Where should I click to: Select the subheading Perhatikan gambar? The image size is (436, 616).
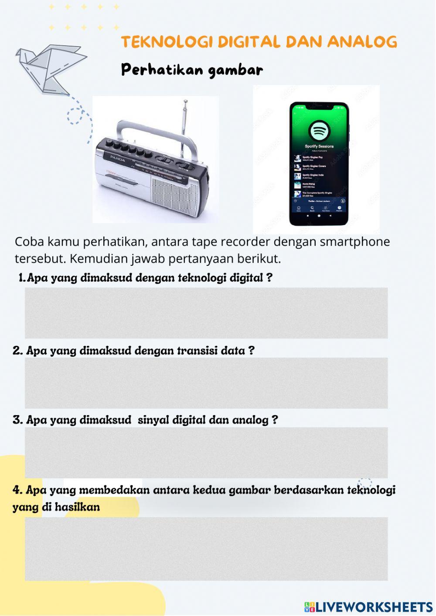pyautogui.click(x=192, y=70)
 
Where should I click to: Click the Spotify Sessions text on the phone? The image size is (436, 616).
pyautogui.click(x=319, y=146)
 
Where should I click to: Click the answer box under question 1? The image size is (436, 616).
pyautogui.click(x=206, y=313)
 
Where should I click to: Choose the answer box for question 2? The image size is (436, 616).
pyautogui.click(x=206, y=383)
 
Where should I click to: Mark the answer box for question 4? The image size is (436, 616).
pyautogui.click(x=206, y=548)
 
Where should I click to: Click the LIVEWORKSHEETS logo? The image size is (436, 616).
pyautogui.click(x=369, y=607)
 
